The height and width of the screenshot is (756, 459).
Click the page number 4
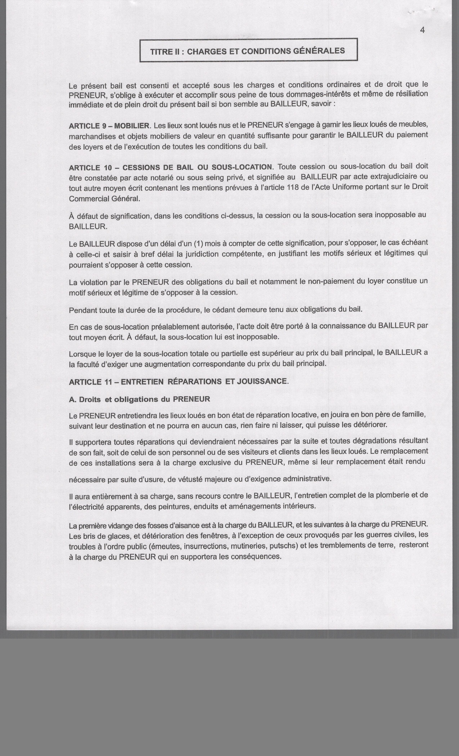coord(422,30)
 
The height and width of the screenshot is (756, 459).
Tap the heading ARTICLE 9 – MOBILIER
coord(109,126)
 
